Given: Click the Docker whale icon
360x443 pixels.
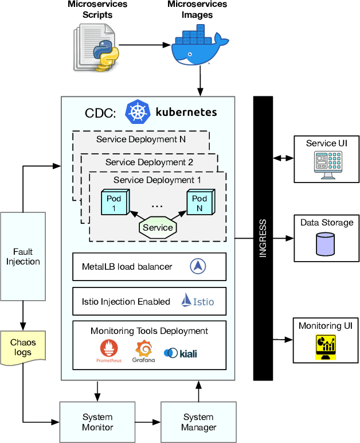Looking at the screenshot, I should [x=200, y=48].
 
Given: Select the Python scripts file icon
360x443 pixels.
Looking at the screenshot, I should [x=96, y=48].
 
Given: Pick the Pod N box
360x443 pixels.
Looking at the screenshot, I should [x=199, y=203].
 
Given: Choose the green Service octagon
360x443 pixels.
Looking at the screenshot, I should [x=158, y=227].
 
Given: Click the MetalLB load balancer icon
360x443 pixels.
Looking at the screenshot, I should [x=198, y=266].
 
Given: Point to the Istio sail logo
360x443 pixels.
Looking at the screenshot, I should [x=189, y=300].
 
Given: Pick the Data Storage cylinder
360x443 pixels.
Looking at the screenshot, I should [x=325, y=243].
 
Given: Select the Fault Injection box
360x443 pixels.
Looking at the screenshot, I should [x=23, y=257].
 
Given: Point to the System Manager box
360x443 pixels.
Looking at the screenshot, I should [x=198, y=422].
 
